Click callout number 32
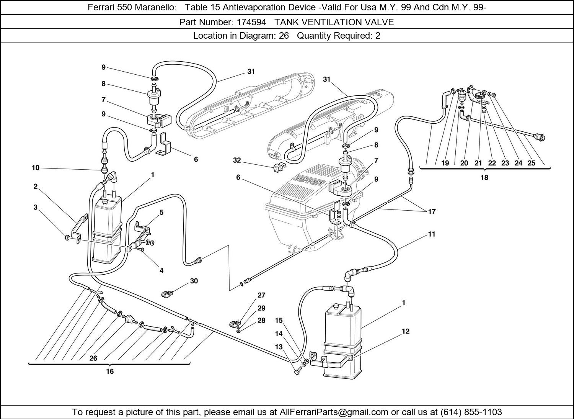point(237,160)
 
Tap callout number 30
point(194,281)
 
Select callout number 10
point(36,168)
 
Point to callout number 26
point(93,358)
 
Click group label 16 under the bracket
point(110,372)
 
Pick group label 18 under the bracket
point(484,178)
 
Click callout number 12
point(406,331)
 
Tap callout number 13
point(279,347)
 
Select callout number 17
point(432,211)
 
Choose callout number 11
point(432,234)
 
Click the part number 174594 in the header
point(251,22)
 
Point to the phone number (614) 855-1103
point(471,412)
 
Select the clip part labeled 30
point(167,294)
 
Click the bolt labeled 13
point(298,372)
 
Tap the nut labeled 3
point(67,239)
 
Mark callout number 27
point(261,295)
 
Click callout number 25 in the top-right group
point(531,163)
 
